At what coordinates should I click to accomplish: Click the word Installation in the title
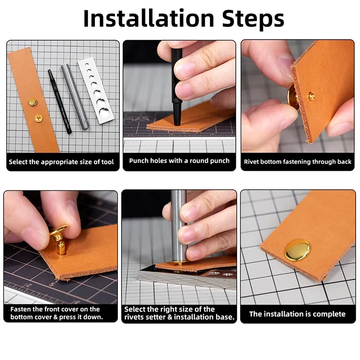pyautogui.click(x=149, y=18)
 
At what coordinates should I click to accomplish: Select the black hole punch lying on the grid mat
pyautogui.click(x=59, y=102)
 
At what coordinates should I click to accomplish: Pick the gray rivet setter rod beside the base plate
pyautogui.click(x=75, y=96)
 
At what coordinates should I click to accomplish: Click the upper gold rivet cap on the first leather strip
pyautogui.click(x=33, y=102)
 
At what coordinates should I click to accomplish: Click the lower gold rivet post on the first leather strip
pyautogui.click(x=38, y=118)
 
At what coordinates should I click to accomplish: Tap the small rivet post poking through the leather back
pyautogui.click(x=311, y=96)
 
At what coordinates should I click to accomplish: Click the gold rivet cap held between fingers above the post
pyautogui.click(x=58, y=230)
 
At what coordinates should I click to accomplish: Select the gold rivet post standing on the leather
pyautogui.click(x=61, y=247)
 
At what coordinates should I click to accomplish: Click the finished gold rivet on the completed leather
pyautogui.click(x=297, y=250)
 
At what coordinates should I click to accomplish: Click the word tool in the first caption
pyautogui.click(x=108, y=162)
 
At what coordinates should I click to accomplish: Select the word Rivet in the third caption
pyautogui.click(x=251, y=162)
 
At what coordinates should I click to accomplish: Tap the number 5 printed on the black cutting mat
pyautogui.click(x=52, y=284)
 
